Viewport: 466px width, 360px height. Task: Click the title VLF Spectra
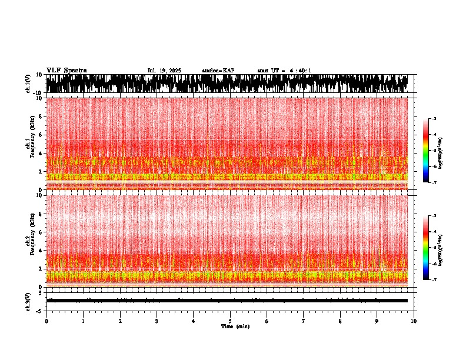click(x=66, y=71)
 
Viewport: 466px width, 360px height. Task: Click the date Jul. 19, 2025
click(x=164, y=71)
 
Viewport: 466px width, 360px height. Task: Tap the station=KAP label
click(x=218, y=71)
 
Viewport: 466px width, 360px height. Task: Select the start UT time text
click(x=284, y=71)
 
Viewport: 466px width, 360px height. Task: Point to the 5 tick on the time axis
click(x=230, y=321)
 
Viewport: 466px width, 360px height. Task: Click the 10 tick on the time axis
click(x=414, y=321)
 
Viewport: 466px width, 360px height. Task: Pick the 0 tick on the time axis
click(x=46, y=321)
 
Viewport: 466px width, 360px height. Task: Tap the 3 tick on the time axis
click(x=157, y=321)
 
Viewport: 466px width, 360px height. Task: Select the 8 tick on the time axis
click(x=340, y=321)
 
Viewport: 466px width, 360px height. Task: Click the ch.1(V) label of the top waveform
click(x=28, y=84)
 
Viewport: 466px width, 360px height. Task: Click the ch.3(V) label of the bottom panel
click(x=28, y=300)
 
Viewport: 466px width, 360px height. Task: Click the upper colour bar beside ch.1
click(x=426, y=151)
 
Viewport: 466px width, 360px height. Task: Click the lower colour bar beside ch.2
click(x=426, y=248)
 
